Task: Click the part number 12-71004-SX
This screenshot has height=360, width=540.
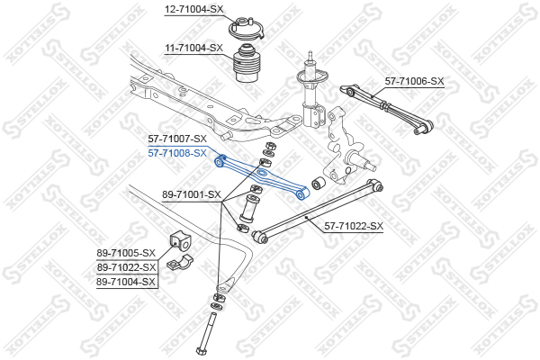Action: click(193, 9)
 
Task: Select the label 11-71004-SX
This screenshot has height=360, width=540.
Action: click(193, 48)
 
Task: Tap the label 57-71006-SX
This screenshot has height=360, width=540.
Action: click(415, 81)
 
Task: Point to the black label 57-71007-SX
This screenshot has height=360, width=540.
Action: click(177, 139)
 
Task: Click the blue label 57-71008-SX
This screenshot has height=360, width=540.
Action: click(177, 153)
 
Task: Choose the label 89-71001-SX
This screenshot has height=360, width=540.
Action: click(192, 194)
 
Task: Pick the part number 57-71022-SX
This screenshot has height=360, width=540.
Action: click(354, 226)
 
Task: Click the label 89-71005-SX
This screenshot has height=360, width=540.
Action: click(126, 253)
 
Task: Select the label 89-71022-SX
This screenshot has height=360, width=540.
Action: click(126, 267)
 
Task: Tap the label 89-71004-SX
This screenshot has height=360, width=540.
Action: click(126, 282)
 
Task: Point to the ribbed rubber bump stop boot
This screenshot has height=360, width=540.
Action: click(247, 63)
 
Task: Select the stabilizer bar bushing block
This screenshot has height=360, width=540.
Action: click(180, 241)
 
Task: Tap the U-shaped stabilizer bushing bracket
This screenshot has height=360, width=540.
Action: click(180, 261)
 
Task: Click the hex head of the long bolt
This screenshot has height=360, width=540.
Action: click(201, 351)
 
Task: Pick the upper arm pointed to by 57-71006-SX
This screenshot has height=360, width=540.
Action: click(387, 108)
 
